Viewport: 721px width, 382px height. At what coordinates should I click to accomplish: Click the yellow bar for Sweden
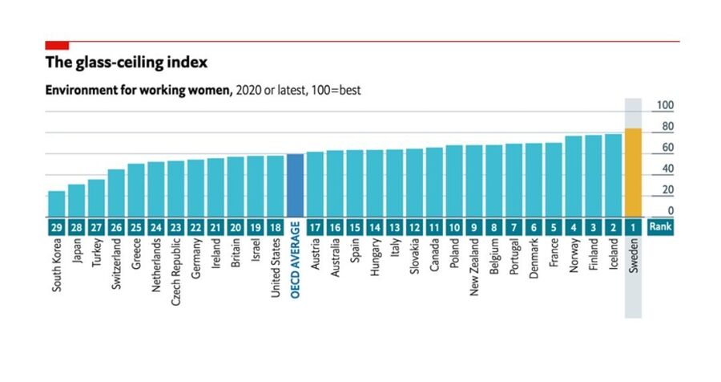pos(633,173)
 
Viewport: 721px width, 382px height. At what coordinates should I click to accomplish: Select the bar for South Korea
pos(56,204)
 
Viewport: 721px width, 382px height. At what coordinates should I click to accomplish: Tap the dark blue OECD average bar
pos(295,185)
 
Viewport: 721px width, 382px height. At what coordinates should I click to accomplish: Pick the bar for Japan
pos(76,201)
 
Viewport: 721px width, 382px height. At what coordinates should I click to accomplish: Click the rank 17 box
pos(315,227)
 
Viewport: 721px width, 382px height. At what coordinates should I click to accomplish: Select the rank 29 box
pos(56,227)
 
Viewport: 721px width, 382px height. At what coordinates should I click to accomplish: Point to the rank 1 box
pos(633,227)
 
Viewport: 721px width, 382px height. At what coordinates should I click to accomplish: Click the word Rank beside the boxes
pos(662,227)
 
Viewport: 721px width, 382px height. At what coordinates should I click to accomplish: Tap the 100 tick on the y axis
pos(665,106)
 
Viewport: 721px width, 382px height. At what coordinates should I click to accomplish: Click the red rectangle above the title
pos(57,45)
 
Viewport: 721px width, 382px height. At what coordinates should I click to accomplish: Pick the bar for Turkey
pos(96,197)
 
